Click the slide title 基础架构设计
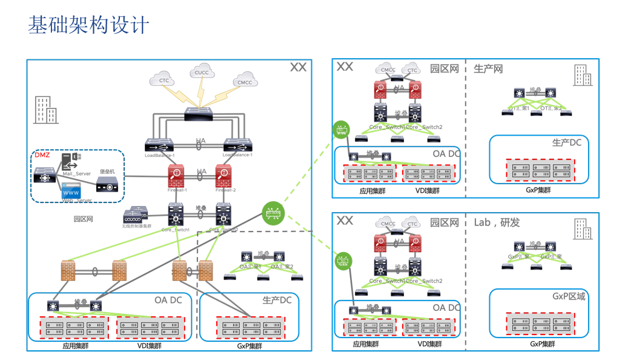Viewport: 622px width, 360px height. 88,25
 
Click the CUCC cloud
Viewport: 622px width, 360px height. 202,73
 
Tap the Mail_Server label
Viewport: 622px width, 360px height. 76,174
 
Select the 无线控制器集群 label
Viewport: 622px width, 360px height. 136,226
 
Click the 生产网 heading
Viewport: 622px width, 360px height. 488,69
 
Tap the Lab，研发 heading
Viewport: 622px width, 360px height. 497,222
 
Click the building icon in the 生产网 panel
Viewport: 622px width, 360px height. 583,76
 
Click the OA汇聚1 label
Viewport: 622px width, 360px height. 249,267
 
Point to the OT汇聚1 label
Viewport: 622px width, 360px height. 518,108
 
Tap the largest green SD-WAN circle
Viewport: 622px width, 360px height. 273,212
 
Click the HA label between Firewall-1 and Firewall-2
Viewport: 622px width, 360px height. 201,172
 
